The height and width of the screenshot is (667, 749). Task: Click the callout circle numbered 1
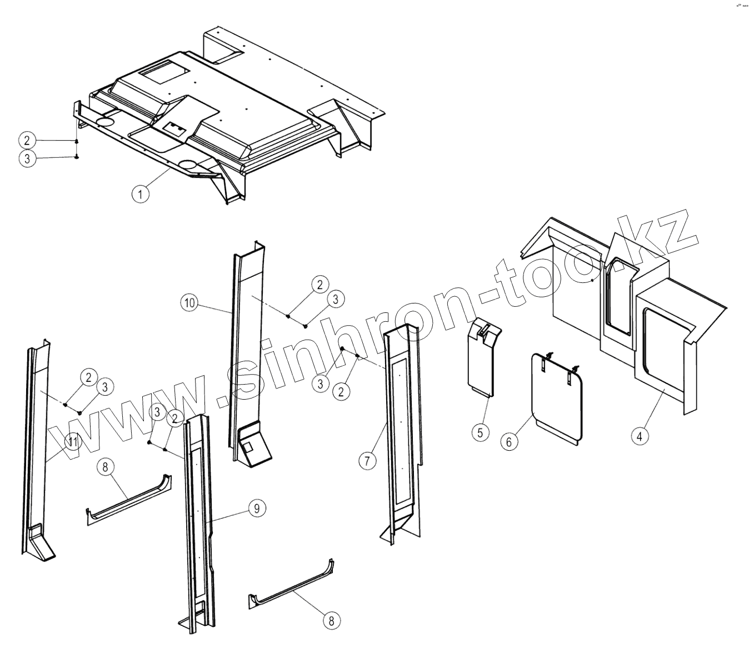[141, 195]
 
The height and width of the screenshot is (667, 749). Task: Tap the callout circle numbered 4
[640, 436]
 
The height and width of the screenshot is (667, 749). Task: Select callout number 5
[481, 431]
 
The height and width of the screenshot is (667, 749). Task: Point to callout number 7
[367, 461]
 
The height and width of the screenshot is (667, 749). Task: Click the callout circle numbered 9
[256, 507]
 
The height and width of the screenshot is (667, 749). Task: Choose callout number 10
[189, 303]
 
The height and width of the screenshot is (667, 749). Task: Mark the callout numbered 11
[72, 442]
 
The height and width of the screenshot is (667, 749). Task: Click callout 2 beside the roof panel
[27, 139]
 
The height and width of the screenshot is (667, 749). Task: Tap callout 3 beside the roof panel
[27, 158]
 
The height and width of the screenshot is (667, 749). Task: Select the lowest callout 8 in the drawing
[332, 621]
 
